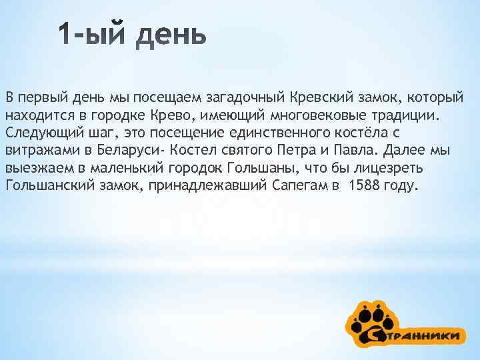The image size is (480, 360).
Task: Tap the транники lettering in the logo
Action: pyautogui.click(x=427, y=335)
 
